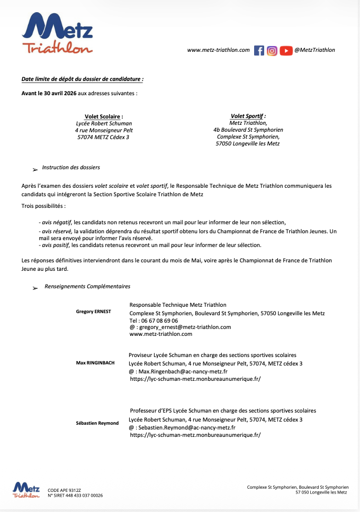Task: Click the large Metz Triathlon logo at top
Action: [x=57, y=33]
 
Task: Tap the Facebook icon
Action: [x=259, y=50]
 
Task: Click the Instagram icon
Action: [x=272, y=50]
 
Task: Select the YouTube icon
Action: [x=286, y=50]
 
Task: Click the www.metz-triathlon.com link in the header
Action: [x=218, y=50]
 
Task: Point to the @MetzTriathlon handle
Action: [x=314, y=50]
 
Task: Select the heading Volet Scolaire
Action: [x=104, y=116]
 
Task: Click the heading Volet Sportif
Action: [x=248, y=116]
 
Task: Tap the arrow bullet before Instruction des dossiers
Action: [x=35, y=169]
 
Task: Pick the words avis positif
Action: [x=56, y=245]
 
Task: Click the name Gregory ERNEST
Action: [x=94, y=312]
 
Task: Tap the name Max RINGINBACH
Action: [x=95, y=363]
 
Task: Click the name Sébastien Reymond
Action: [x=97, y=423]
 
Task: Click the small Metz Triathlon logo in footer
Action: [x=26, y=489]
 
